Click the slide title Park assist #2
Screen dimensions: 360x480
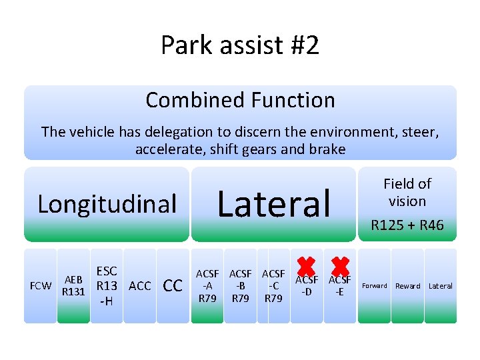click(x=240, y=45)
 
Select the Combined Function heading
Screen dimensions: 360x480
click(x=240, y=100)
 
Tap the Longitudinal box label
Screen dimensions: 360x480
click(x=107, y=204)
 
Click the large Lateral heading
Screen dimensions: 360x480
click(x=274, y=203)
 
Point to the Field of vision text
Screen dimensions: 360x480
click(x=407, y=192)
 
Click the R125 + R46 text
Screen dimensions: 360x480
click(x=407, y=225)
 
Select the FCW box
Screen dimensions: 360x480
click(x=41, y=286)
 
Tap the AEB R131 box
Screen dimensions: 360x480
click(x=73, y=286)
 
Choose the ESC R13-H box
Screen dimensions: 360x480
click(x=107, y=286)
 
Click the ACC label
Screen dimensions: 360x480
click(x=139, y=286)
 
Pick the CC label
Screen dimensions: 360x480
click(x=173, y=286)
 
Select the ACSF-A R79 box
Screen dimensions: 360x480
click(x=207, y=286)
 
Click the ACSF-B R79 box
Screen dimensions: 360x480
click(x=241, y=286)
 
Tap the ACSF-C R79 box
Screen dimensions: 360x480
click(x=273, y=286)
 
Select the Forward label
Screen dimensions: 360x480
click(x=374, y=286)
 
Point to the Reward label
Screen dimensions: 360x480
click(x=407, y=286)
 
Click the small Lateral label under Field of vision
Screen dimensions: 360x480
click(x=440, y=286)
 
